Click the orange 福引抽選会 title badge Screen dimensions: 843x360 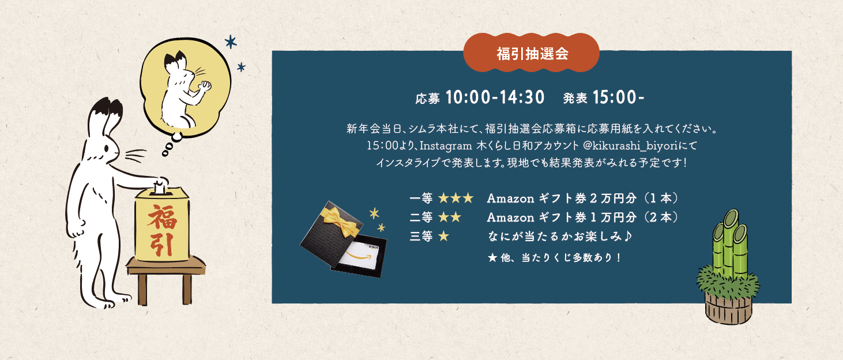(531, 52)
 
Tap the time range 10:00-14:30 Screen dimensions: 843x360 (495, 97)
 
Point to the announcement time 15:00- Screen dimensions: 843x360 (618, 97)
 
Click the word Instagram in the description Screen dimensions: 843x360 (446, 146)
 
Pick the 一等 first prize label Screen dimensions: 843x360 (421, 198)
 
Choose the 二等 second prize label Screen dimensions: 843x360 (421, 217)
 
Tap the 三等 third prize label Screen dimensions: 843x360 (421, 236)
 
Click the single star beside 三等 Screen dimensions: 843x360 (444, 236)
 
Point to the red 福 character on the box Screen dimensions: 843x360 (163, 217)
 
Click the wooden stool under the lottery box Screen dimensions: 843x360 (165, 279)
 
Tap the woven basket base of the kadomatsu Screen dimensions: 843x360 (728, 309)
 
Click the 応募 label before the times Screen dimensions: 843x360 (427, 99)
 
